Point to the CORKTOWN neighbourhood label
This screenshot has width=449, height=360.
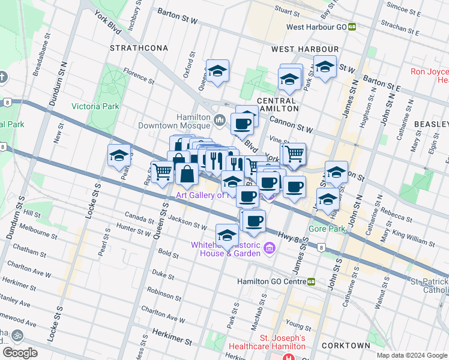pyautogui.click(x=346, y=346)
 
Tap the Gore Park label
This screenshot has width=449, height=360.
pyautogui.click(x=327, y=229)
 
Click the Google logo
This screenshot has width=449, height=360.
pyautogui.click(x=20, y=352)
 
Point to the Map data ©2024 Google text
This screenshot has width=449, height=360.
pyautogui.click(x=412, y=355)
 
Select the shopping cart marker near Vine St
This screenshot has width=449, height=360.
pyautogui.click(x=294, y=154)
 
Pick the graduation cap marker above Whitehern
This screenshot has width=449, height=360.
pyautogui.click(x=228, y=235)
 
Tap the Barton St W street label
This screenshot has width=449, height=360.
pyautogui.click(x=177, y=11)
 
